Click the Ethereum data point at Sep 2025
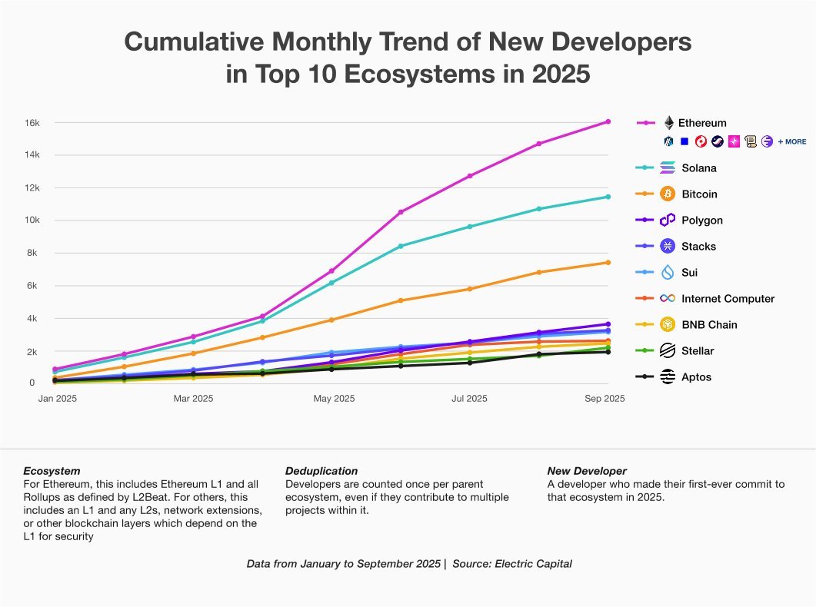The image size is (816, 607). click(608, 121)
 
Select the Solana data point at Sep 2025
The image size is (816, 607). click(608, 197)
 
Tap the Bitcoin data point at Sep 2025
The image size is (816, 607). click(608, 263)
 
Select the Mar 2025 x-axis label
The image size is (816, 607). click(193, 399)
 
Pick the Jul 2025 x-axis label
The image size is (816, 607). click(469, 399)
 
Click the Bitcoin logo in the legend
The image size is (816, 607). click(668, 194)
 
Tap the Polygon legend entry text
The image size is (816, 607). click(701, 221)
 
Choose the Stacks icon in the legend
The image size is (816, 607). click(668, 246)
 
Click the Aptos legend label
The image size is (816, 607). click(696, 377)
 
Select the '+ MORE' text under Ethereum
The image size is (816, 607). click(792, 142)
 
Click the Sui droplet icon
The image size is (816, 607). click(668, 272)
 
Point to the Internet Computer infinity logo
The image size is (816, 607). click(668, 298)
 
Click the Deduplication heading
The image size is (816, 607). click(321, 470)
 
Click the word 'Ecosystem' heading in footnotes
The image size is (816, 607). click(52, 470)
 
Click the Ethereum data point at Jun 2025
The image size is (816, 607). click(400, 211)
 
